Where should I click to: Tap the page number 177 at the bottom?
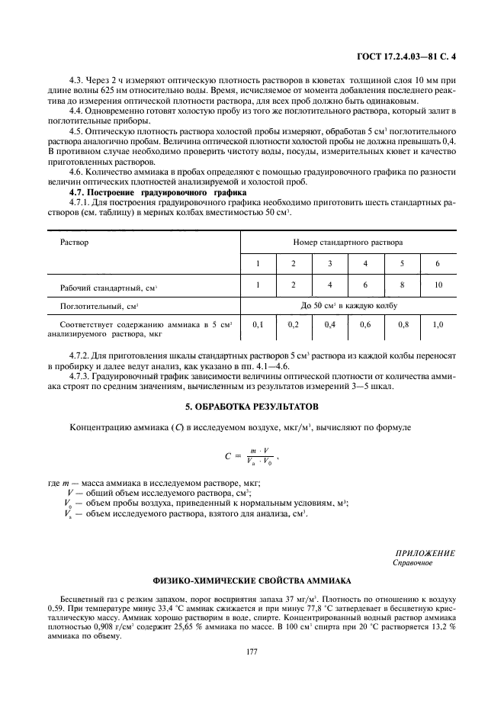(x=252, y=651)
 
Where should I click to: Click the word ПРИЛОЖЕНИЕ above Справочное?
(x=425, y=553)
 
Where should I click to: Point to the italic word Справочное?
(x=413, y=563)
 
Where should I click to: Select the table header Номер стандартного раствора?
(x=348, y=242)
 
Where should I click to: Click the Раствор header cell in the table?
(x=75, y=242)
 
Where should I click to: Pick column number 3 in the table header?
(x=329, y=263)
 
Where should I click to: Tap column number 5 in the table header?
(x=401, y=263)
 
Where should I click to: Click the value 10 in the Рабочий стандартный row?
(x=437, y=285)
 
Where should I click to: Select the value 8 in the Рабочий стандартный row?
(x=401, y=285)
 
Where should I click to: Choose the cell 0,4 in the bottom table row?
(x=329, y=324)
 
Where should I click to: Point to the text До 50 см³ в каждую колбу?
(x=348, y=305)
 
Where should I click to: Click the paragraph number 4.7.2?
(x=81, y=356)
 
